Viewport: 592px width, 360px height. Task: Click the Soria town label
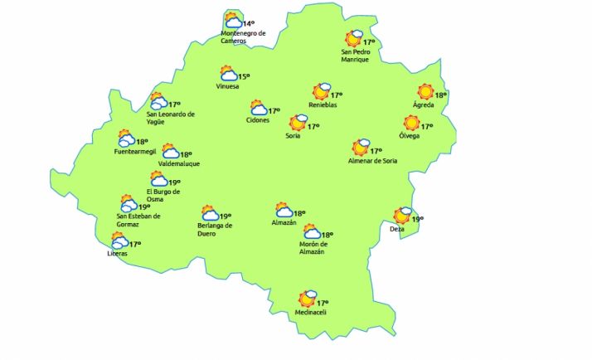[x=293, y=136]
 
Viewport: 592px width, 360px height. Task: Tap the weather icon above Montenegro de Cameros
[x=233, y=21]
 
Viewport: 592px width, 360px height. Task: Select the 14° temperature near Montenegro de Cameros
[x=248, y=23]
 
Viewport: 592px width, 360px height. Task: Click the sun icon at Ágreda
[x=425, y=92]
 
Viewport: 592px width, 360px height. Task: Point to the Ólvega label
[x=410, y=136]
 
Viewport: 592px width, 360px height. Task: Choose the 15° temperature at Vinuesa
[x=244, y=77]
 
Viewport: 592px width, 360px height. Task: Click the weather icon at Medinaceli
[x=308, y=298]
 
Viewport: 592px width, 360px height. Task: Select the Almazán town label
[x=284, y=223]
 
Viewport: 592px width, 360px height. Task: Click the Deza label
[x=397, y=229]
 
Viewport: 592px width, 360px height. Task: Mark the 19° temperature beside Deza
[x=417, y=219]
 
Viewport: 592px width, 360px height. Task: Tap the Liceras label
[x=117, y=254]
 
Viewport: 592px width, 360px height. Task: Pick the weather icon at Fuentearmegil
[x=126, y=139]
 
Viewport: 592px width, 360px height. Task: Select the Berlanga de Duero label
[x=215, y=229]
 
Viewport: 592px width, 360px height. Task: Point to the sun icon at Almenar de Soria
[x=360, y=148]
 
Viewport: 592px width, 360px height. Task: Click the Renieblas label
[x=322, y=105]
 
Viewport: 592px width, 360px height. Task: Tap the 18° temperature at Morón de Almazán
[x=327, y=235]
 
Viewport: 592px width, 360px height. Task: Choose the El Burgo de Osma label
[x=163, y=195]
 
